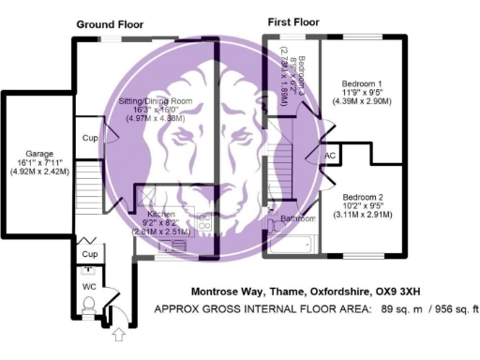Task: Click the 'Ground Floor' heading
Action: pos(110,24)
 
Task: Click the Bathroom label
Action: pos(298,220)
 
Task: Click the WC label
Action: pos(90,287)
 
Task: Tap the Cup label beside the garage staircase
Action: pos(90,137)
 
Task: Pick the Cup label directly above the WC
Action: pos(90,254)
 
